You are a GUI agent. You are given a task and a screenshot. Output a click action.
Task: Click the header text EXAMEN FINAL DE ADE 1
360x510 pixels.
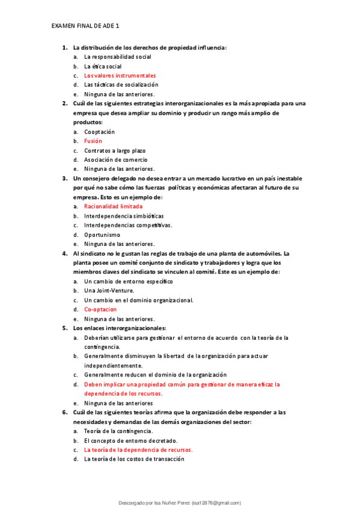click(x=85, y=26)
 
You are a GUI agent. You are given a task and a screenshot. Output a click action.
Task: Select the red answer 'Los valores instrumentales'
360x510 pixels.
click(x=120, y=76)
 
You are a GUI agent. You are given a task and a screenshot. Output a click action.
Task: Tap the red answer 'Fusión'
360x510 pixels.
click(x=93, y=141)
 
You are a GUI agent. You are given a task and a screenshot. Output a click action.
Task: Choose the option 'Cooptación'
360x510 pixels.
click(x=99, y=132)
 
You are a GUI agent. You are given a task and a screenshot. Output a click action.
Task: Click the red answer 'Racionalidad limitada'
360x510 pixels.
click(x=113, y=206)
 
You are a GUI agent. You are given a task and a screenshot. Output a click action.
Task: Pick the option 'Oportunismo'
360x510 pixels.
click(x=102, y=235)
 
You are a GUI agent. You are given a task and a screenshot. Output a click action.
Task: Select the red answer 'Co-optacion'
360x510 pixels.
click(x=100, y=309)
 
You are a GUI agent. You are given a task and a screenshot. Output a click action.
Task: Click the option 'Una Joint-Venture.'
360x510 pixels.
click(x=109, y=290)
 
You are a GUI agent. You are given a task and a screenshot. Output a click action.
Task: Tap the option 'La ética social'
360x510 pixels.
click(x=103, y=66)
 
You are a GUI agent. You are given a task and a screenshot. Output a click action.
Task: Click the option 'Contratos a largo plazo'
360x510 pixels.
click(x=118, y=150)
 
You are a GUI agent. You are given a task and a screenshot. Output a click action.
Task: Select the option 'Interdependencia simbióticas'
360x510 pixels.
click(x=124, y=216)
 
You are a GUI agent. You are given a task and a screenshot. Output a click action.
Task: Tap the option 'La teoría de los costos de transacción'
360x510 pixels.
click(x=134, y=459)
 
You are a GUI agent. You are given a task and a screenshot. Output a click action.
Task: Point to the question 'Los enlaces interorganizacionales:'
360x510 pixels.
click(x=119, y=328)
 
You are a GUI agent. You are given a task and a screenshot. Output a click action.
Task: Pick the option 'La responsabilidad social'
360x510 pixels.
click(x=117, y=57)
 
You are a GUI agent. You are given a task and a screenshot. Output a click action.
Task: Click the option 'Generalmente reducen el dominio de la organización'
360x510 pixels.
click(x=155, y=375)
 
